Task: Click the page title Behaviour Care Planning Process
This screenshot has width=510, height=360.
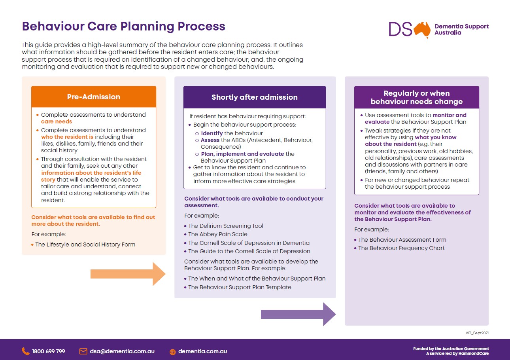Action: pos(123,26)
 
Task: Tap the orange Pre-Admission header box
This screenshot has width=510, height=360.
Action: pos(94,97)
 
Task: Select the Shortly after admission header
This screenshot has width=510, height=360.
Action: pos(255,97)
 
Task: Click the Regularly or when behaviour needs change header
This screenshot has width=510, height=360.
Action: pos(416,97)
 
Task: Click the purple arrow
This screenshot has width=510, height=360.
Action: pos(298,314)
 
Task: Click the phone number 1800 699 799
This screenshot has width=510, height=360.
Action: pos(48,351)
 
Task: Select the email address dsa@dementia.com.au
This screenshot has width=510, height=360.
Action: pos(122,351)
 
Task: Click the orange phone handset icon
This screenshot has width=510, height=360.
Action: pos(25,351)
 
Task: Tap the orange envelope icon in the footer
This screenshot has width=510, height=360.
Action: pos(83,351)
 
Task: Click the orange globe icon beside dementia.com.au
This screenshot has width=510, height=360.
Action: pos(172,352)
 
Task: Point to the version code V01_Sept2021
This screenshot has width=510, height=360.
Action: pos(477,333)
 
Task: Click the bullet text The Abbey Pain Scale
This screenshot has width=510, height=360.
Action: pos(217,234)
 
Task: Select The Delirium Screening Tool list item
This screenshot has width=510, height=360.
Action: pos(225,226)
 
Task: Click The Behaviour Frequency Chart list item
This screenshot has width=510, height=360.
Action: pos(401,248)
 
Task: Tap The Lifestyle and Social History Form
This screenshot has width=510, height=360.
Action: pos(85,244)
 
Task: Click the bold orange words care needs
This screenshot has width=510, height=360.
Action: pos(57,121)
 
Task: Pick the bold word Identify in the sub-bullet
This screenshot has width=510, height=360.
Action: pos(212,133)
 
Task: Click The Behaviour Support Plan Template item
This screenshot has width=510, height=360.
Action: pos(240,287)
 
